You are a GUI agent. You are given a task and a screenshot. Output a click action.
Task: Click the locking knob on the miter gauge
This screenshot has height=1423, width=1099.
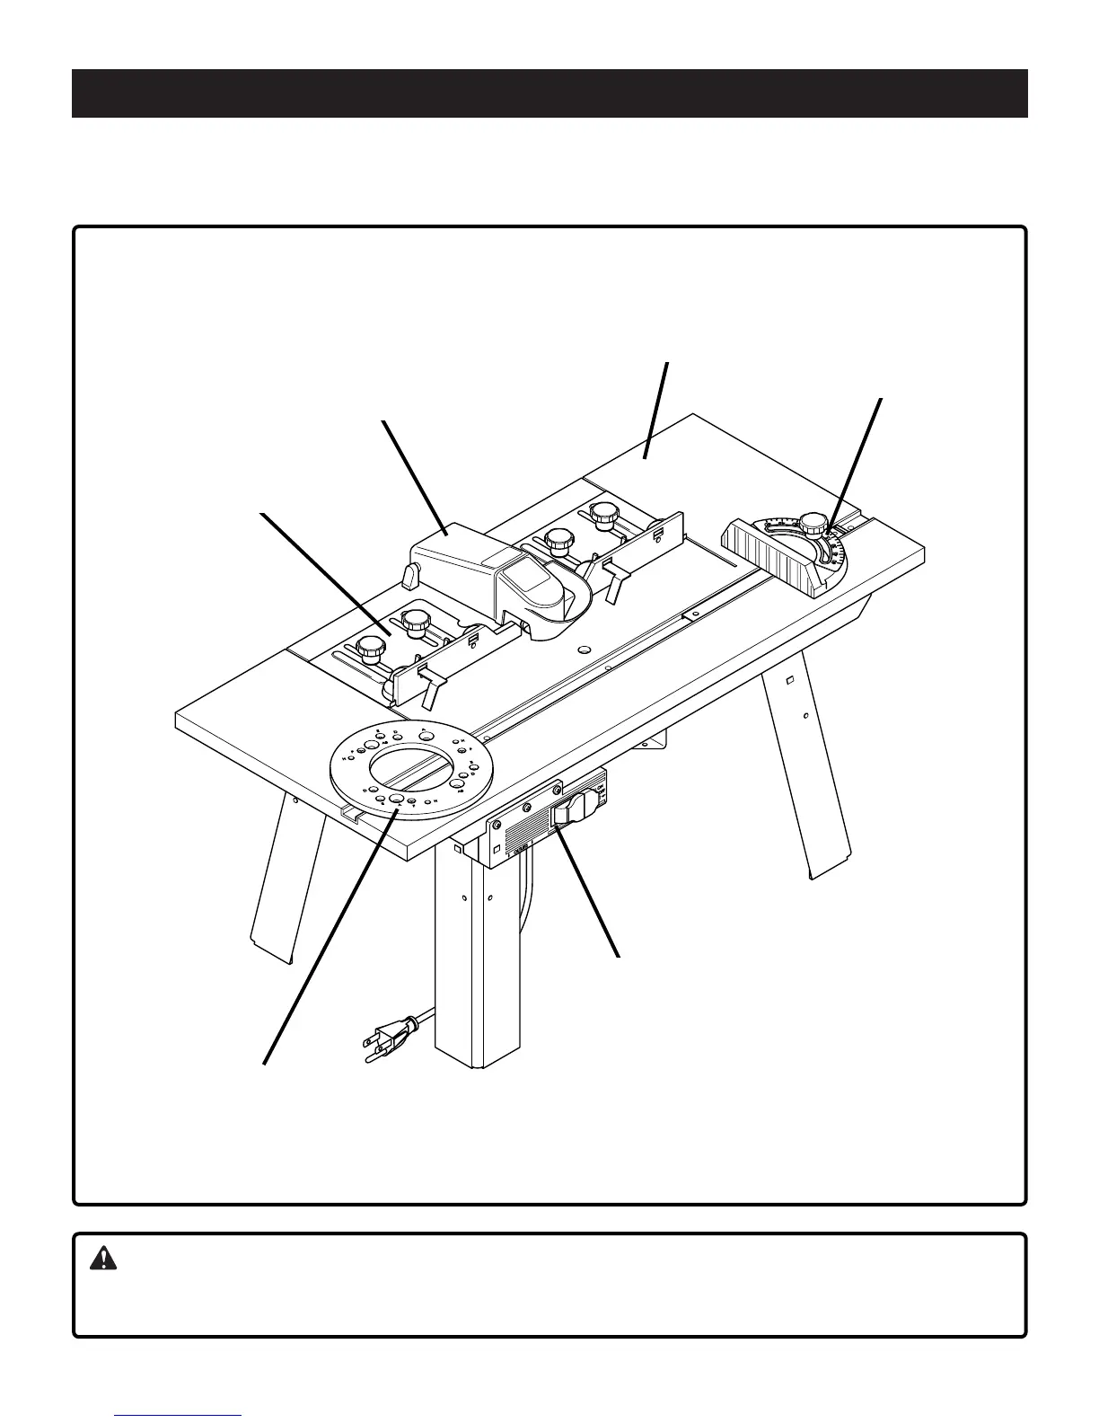(x=813, y=522)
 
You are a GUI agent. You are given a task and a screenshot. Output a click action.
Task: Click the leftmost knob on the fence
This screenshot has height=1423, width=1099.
(x=368, y=646)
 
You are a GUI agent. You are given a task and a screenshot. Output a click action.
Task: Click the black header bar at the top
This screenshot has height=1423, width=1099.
(x=549, y=93)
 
